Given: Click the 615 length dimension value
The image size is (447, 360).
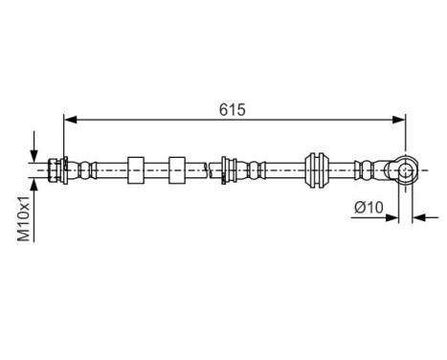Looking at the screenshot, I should click(232, 109).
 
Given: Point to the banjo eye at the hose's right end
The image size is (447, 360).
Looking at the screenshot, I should click(405, 170).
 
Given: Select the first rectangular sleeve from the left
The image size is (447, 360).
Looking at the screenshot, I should click(135, 169).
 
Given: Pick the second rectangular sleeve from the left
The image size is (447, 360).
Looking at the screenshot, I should click(176, 169).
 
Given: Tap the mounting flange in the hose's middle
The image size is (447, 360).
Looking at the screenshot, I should click(226, 169).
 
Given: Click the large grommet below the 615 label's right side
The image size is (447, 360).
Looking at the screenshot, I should click(317, 169).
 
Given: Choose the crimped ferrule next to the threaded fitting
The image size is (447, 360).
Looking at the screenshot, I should click(87, 169).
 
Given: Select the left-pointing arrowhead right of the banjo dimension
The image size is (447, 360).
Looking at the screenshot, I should click(418, 217).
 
